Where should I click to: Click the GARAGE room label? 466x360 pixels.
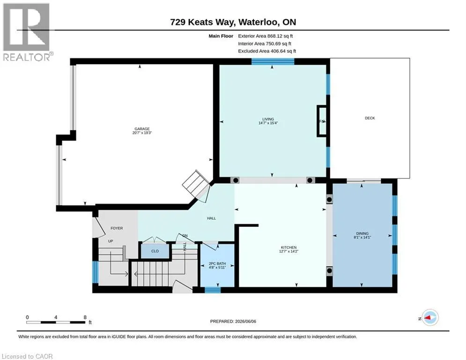tap(142, 129)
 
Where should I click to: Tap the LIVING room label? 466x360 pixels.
tap(268, 119)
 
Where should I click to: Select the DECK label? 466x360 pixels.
tap(370, 118)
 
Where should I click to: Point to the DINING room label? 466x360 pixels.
tap(362, 233)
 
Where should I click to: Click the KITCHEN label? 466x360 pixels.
tap(288, 247)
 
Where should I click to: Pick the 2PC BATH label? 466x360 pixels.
tap(217, 263)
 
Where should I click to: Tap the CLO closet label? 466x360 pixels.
tap(155, 251)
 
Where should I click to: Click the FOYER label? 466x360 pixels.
tap(117, 228)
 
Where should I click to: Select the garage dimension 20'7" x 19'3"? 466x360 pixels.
tap(142, 133)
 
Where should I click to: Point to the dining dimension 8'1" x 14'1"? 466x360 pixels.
tap(362, 237)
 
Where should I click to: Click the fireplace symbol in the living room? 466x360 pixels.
tap(322, 121)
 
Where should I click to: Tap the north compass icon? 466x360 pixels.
tap(430, 318)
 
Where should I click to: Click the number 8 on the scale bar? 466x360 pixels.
tap(85, 317)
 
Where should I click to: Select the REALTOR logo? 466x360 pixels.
tap(27, 32)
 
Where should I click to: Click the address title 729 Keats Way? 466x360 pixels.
tap(203, 22)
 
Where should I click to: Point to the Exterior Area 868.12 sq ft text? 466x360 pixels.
tap(266, 36)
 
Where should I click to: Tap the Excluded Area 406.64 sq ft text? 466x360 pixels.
tap(267, 51)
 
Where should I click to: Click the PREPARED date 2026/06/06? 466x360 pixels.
tap(233, 321)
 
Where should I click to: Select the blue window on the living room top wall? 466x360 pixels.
tap(273, 61)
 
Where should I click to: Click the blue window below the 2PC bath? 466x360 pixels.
tap(213, 290)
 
